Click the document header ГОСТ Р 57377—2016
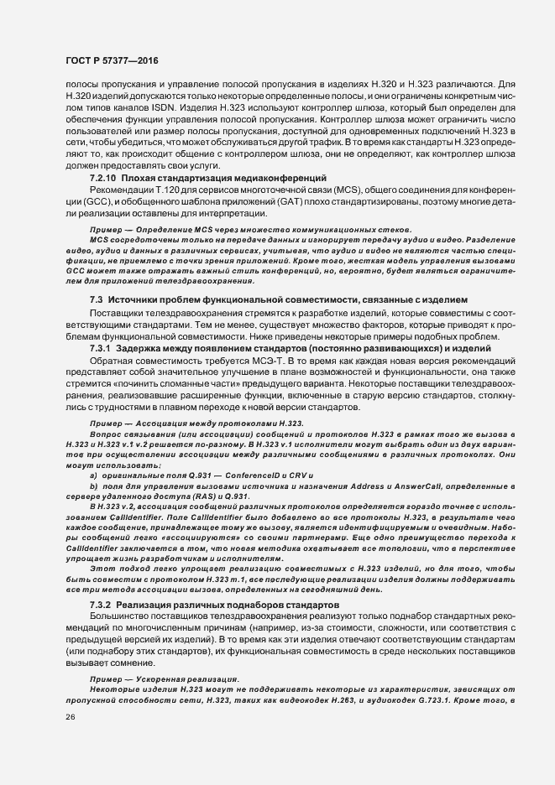point(111,61)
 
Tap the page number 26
point(71,718)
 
